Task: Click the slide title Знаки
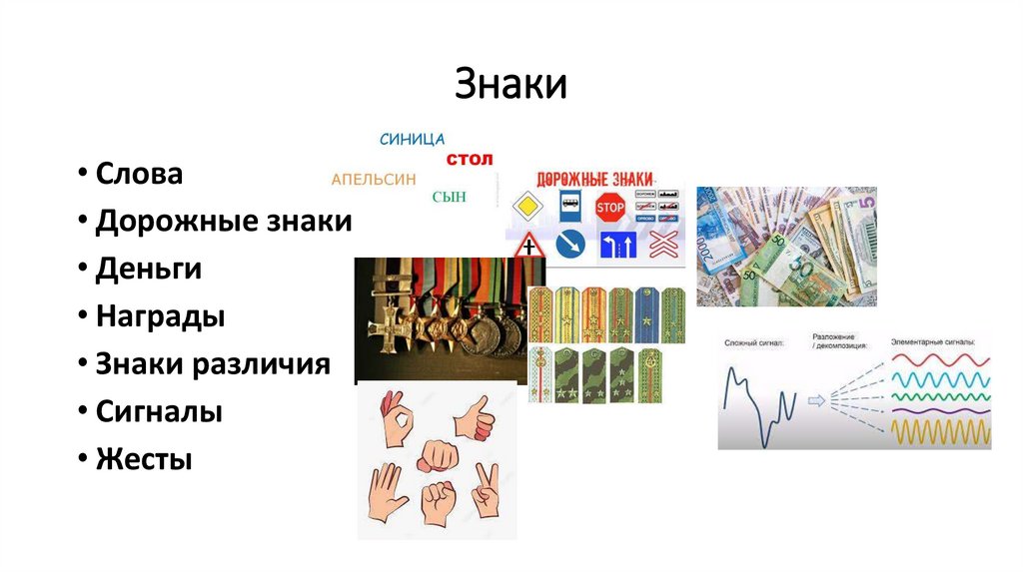click(x=511, y=84)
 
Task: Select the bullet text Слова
click(x=139, y=174)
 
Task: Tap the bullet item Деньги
click(x=149, y=269)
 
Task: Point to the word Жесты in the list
click(x=144, y=459)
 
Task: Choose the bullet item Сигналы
click(x=159, y=411)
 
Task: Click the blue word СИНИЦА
click(x=413, y=139)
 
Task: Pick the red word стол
click(x=470, y=159)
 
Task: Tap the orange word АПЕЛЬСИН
click(x=373, y=180)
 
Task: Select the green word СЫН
click(x=449, y=197)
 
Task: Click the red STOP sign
click(x=609, y=208)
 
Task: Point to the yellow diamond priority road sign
click(x=526, y=208)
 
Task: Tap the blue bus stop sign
click(x=567, y=207)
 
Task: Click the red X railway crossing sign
click(x=660, y=243)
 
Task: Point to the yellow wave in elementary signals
click(x=938, y=432)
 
